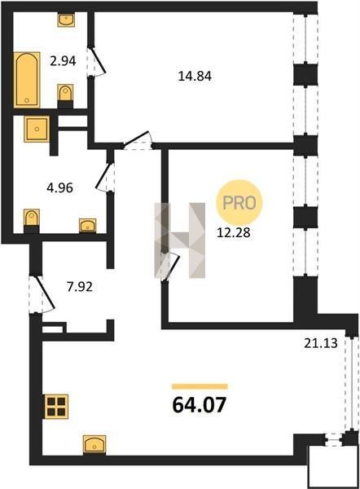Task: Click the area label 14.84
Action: point(195,76)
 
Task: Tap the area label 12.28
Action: point(234,232)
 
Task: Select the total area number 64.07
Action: point(200,405)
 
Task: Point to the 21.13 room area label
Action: point(321,343)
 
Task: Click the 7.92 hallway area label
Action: point(80,287)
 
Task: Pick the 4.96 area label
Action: point(59,188)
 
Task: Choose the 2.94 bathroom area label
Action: point(63,61)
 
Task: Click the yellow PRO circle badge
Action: point(239,203)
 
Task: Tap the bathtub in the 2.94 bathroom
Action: point(27,80)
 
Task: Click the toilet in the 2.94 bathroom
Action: point(65,95)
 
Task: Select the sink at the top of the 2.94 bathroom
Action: point(66,20)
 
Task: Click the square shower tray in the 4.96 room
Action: point(37,129)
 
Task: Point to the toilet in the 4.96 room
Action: point(32,221)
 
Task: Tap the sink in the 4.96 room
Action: point(88,226)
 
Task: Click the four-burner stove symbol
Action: point(56,407)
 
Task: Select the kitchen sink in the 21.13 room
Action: point(94,445)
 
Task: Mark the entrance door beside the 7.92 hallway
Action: point(42,293)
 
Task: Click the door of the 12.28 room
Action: point(170,266)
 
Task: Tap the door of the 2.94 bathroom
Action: point(96,61)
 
